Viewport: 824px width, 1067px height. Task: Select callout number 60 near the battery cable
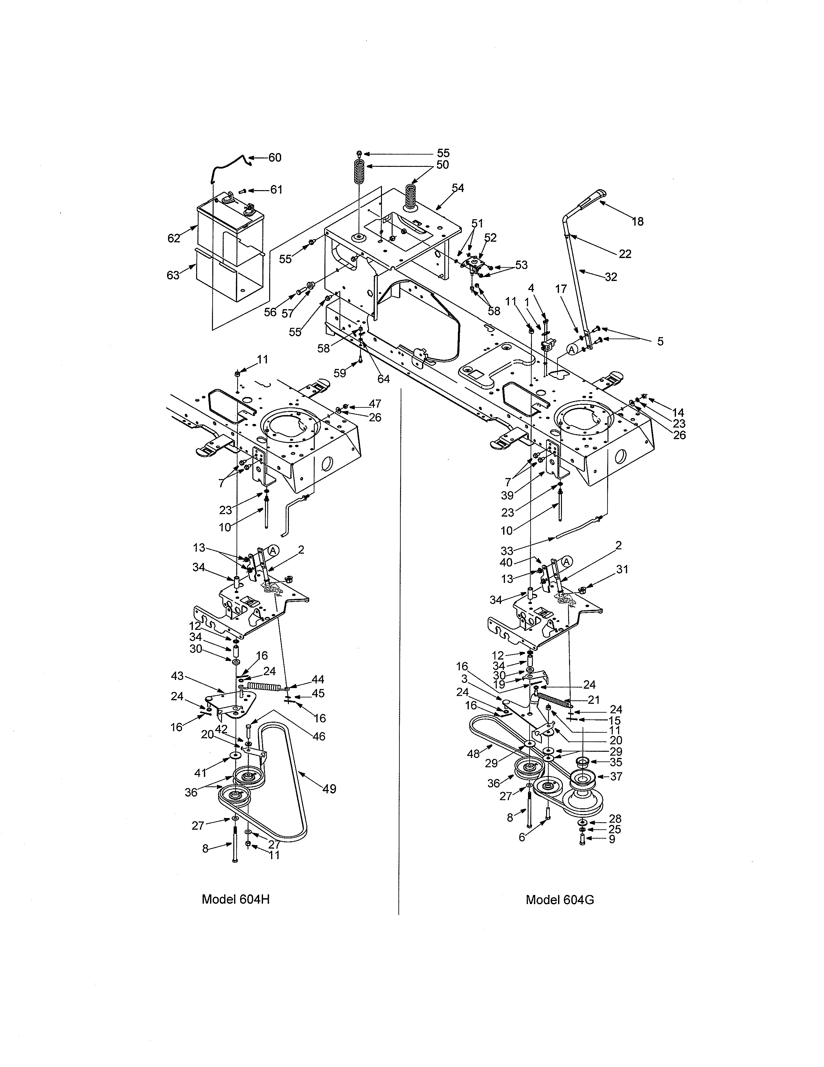[275, 157]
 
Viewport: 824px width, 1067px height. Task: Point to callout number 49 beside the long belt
[330, 789]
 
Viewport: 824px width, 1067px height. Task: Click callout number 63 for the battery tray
[173, 275]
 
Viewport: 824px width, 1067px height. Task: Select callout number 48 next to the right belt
[473, 754]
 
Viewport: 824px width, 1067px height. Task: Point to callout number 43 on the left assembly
[177, 676]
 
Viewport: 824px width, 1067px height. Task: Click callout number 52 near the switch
[490, 237]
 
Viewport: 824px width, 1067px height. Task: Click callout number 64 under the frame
[384, 379]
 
